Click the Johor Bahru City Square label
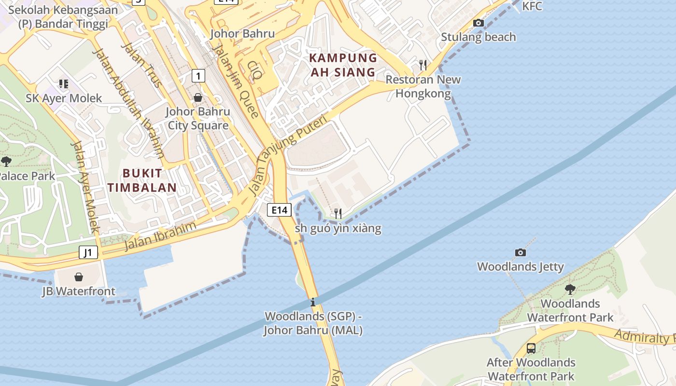click(x=198, y=119)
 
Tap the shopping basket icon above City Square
click(x=198, y=97)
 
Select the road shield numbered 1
click(x=198, y=76)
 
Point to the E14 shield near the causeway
click(x=279, y=210)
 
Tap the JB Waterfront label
click(x=79, y=291)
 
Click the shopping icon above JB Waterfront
click(x=79, y=277)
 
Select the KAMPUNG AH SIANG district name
click(x=343, y=65)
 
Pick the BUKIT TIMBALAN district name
click(x=142, y=180)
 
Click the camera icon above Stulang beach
click(x=479, y=23)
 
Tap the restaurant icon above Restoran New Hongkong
click(x=423, y=65)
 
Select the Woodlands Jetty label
click(x=521, y=267)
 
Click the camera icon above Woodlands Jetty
click(x=521, y=252)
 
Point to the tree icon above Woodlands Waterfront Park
click(x=570, y=289)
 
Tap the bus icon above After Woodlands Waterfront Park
click(x=531, y=348)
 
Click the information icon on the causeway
click(x=313, y=303)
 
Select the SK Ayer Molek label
click(x=64, y=98)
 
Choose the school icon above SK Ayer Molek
click(x=64, y=84)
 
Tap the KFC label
click(x=532, y=6)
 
